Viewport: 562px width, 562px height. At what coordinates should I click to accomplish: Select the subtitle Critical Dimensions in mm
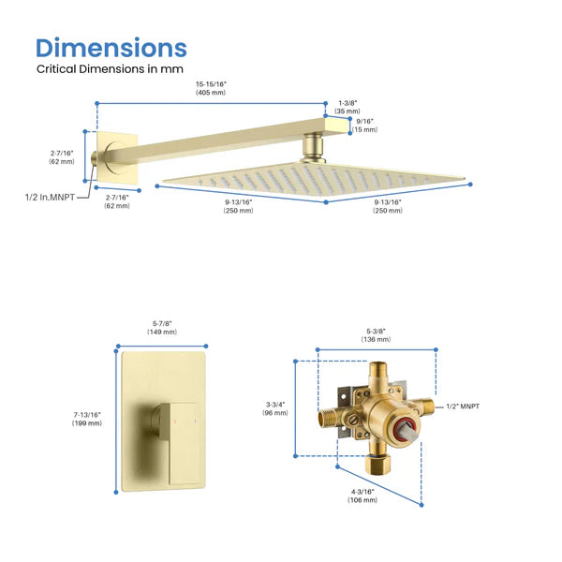pyautogui.click(x=110, y=69)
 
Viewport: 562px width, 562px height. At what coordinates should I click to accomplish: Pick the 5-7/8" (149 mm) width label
pyautogui.click(x=163, y=327)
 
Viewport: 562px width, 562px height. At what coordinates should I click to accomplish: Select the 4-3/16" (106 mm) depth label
pyautogui.click(x=364, y=495)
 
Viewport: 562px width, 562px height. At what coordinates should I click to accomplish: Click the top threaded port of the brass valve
pyautogui.click(x=379, y=374)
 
